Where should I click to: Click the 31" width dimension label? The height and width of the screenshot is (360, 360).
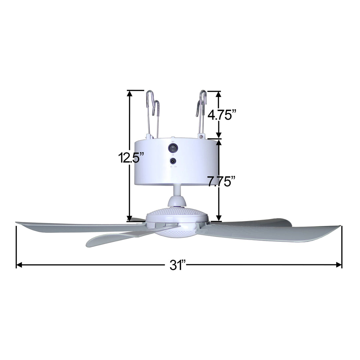(177, 265)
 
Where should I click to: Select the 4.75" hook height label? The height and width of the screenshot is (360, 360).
(222, 115)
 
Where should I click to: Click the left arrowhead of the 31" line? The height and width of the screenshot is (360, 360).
(19, 265)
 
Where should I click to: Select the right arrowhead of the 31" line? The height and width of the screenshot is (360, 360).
(339, 265)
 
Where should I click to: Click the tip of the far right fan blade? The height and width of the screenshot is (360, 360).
(339, 227)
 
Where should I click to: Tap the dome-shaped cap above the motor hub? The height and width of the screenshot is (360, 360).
(177, 201)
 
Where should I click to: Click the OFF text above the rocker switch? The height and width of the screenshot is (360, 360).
(173, 142)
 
